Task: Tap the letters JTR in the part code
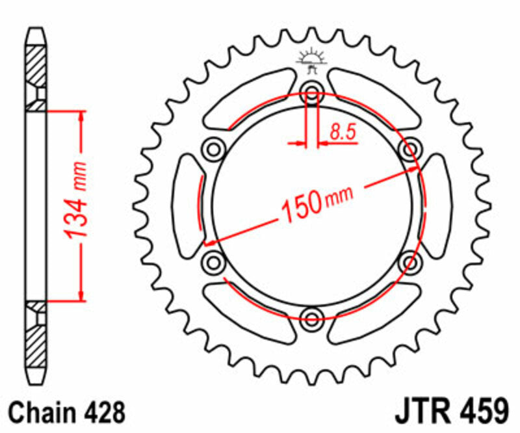[x=421, y=413]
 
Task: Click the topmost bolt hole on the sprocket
[x=311, y=92]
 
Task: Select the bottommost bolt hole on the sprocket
[x=311, y=318]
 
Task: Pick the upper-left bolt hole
[x=213, y=149]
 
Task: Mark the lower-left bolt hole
[x=213, y=262]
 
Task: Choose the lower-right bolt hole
[x=410, y=262]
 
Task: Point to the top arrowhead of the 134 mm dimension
[x=81, y=115]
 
